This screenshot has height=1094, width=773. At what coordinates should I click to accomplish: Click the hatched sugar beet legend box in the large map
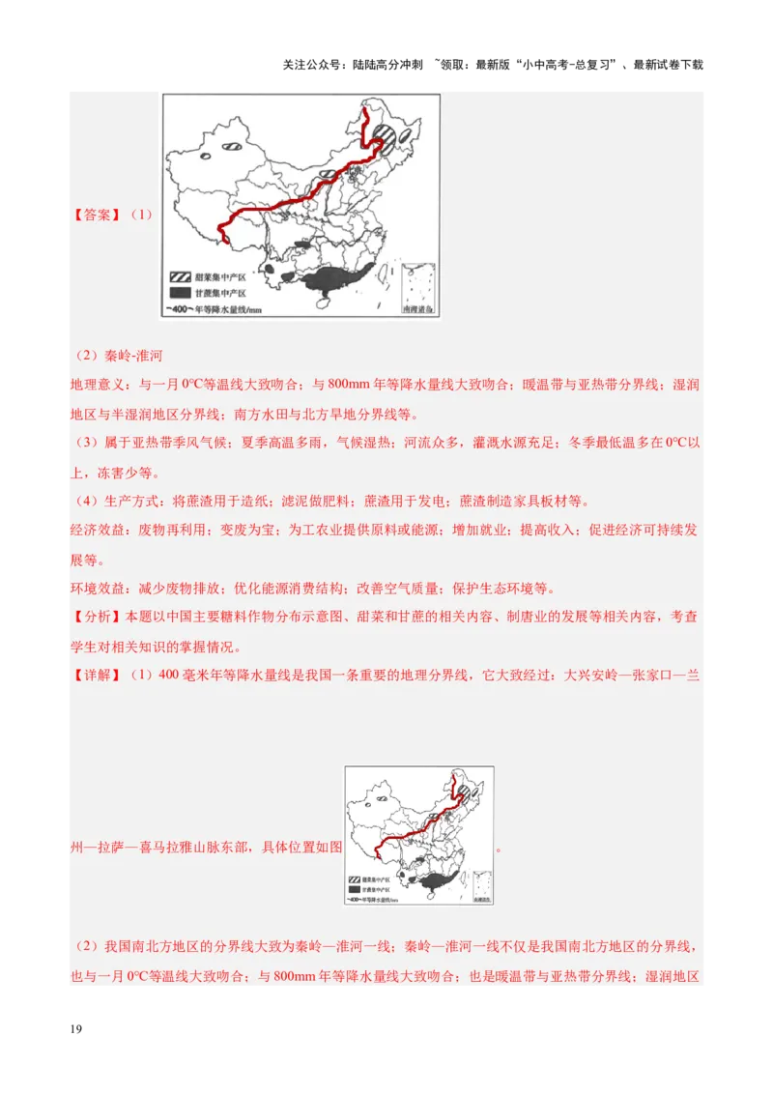pyautogui.click(x=180, y=275)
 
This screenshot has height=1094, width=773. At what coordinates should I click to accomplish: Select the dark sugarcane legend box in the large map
pyautogui.click(x=180, y=292)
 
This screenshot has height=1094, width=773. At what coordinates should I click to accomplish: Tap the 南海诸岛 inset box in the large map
pyautogui.click(x=416, y=285)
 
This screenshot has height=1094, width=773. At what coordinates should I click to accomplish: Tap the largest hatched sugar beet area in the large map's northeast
pyautogui.click(x=385, y=136)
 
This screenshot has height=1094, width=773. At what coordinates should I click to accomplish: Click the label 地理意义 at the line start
pyautogui.click(x=98, y=385)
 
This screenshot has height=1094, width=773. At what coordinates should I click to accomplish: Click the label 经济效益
pyautogui.click(x=98, y=531)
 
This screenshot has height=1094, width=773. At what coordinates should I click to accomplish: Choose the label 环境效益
pyautogui.click(x=98, y=589)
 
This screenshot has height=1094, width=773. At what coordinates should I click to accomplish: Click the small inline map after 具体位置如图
pyautogui.click(x=418, y=835)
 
